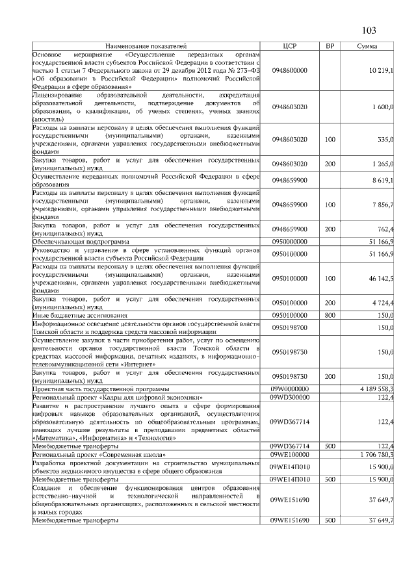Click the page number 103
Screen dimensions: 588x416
[369, 31]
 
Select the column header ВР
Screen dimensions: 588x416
[330, 46]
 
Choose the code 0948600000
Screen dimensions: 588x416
[290, 70]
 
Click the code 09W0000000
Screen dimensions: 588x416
[290, 388]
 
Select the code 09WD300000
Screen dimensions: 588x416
[290, 396]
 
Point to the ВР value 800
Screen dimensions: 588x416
[330, 315]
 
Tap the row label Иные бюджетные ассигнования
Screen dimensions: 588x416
[75, 315]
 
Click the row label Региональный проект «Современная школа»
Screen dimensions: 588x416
[96, 455]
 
